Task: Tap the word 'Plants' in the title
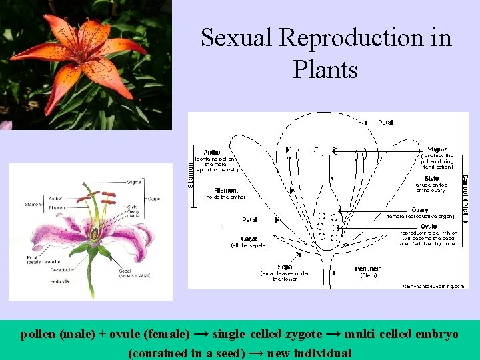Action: pos(325,69)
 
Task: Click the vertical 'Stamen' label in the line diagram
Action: pos(191,169)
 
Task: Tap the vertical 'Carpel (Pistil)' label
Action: pos(464,194)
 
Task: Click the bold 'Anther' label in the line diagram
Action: pos(213,152)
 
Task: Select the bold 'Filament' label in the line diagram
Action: pos(226,190)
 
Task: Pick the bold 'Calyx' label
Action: pos(250,239)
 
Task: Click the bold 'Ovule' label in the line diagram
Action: pos(429,227)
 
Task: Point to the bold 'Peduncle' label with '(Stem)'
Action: pos(369,269)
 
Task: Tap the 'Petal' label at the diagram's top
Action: pos(385,122)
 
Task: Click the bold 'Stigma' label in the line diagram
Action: pos(437,149)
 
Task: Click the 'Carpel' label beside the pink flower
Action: pos(154,199)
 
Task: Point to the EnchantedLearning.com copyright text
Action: pos(433,285)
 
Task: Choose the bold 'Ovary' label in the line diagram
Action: pos(419,210)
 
